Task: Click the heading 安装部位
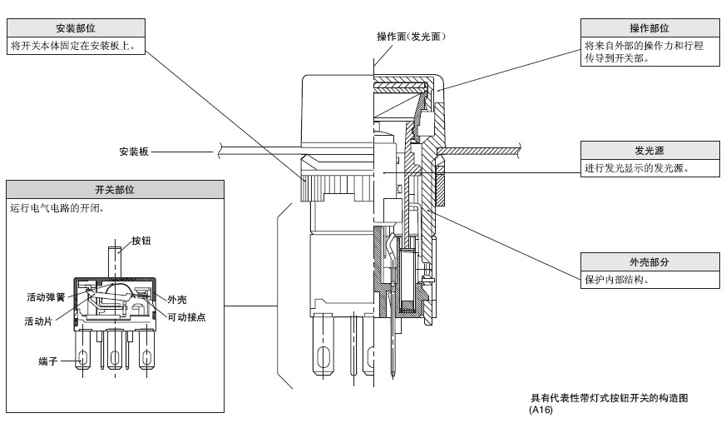tap(75, 28)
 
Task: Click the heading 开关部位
tap(115, 190)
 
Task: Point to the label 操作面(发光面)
tap(412, 37)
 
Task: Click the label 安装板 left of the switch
tap(133, 152)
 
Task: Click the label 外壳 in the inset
tap(175, 300)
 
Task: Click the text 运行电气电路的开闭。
tap(56, 208)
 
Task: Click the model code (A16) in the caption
tap(541, 409)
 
